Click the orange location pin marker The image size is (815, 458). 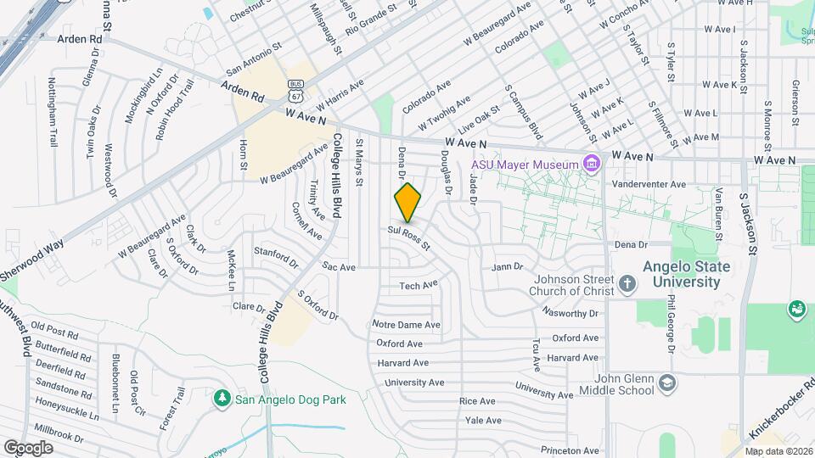[408, 203]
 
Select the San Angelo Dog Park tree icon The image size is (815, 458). [222, 398]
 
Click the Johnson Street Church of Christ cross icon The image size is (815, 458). [627, 283]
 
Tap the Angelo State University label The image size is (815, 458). [686, 274]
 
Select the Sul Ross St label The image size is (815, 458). [410, 237]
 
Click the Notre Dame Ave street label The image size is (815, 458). [407, 325]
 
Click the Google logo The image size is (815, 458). [28, 447]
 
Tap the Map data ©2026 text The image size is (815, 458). [778, 451]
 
